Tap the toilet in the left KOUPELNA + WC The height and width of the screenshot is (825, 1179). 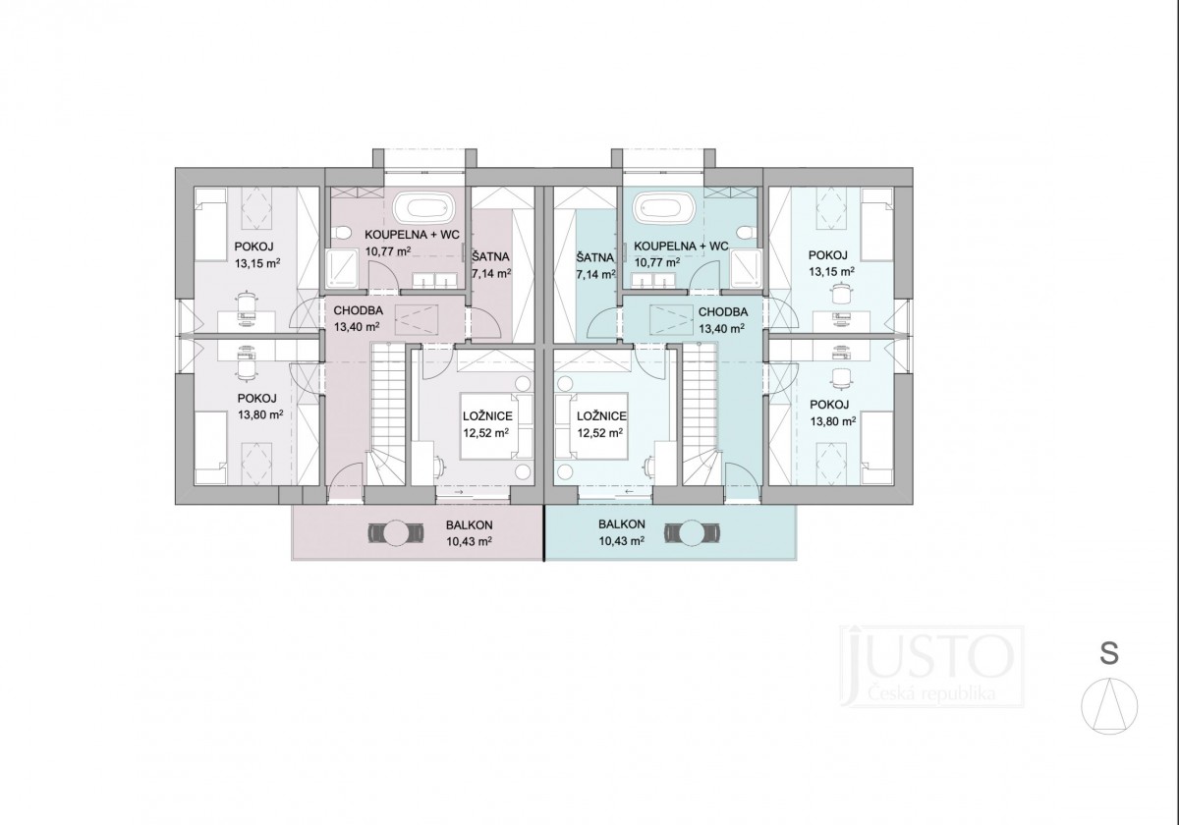pyautogui.click(x=343, y=233)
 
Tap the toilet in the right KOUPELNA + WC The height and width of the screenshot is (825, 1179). pyautogui.click(x=747, y=233)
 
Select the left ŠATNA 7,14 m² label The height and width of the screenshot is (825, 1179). pyautogui.click(x=491, y=265)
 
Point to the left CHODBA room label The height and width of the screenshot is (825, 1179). pyautogui.click(x=358, y=311)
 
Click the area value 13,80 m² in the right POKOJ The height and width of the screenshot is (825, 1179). pyautogui.click(x=833, y=421)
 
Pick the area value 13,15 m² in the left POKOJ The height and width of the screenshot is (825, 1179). pyautogui.click(x=257, y=263)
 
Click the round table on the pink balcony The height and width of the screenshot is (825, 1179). pyautogui.click(x=396, y=533)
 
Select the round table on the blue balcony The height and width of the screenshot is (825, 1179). pyautogui.click(x=693, y=533)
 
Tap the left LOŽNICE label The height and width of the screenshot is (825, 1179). pyautogui.click(x=487, y=416)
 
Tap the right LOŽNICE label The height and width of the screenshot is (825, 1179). pyautogui.click(x=601, y=416)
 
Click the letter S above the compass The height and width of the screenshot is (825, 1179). pyautogui.click(x=1109, y=653)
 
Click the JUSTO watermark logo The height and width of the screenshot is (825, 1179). pyautogui.click(x=931, y=666)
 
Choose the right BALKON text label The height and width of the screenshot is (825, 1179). pyautogui.click(x=622, y=524)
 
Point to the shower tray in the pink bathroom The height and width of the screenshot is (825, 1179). pyautogui.click(x=341, y=268)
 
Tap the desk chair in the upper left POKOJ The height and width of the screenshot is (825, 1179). pyautogui.click(x=247, y=303)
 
